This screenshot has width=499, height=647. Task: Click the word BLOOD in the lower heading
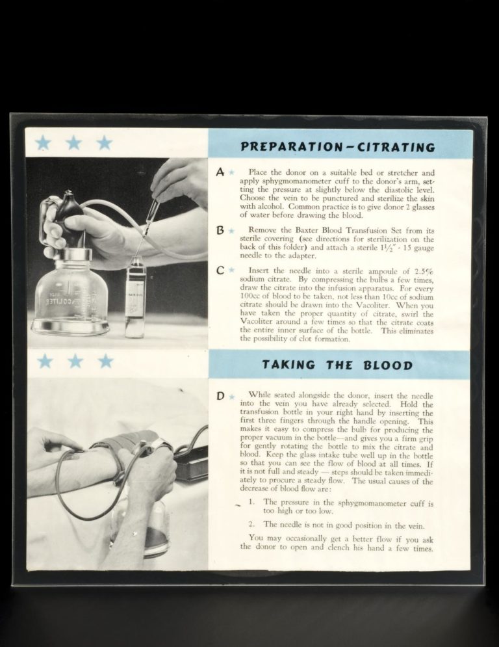tap(389, 365)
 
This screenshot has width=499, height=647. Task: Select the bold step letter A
tap(220, 172)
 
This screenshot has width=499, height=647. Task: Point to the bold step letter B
tap(220, 230)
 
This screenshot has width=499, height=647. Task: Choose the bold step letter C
tap(220, 270)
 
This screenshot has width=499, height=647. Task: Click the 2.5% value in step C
tap(422, 271)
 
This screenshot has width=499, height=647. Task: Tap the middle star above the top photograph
tap(73, 142)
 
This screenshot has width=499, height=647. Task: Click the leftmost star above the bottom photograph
tap(44, 361)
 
